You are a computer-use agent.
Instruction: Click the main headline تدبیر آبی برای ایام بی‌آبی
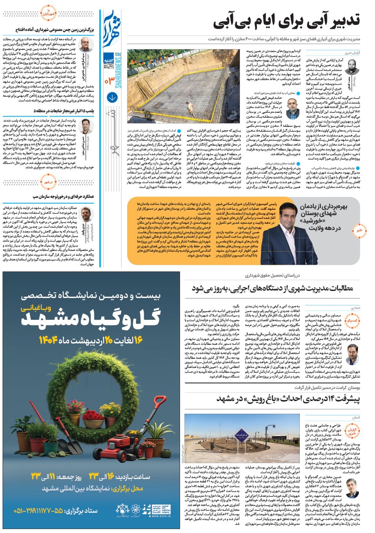[x=288, y=20]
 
